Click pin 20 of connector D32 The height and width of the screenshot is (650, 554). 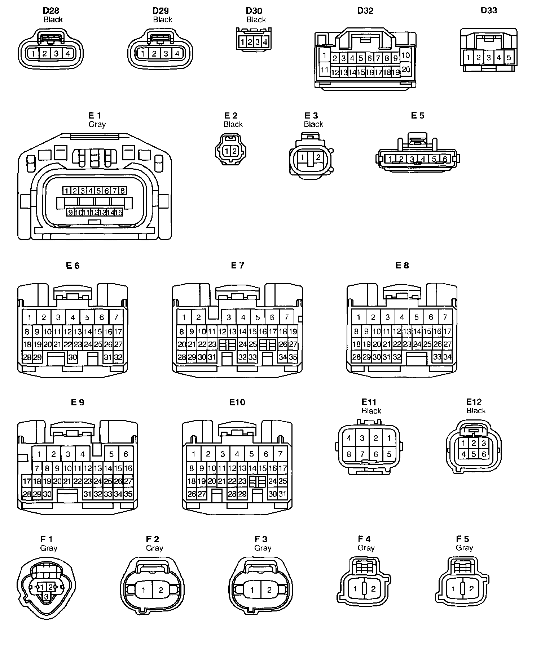(406, 69)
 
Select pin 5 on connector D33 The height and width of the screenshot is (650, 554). (509, 57)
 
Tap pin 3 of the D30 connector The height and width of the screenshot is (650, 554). (258, 42)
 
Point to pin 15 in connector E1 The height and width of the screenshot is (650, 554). (119, 212)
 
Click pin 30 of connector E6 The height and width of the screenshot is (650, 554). (72, 357)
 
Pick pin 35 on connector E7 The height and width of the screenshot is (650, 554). (293, 357)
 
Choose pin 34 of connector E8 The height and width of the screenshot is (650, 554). (447, 357)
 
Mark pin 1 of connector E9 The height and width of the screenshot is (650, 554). (39, 454)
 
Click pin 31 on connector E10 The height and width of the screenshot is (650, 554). (282, 494)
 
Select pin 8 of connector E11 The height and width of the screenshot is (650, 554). (349, 454)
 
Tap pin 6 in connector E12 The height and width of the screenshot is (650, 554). (484, 454)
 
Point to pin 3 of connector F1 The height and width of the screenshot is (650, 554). (46, 597)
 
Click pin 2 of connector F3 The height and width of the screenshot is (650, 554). (269, 590)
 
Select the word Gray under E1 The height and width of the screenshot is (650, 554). (97, 124)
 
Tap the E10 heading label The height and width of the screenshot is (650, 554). (237, 402)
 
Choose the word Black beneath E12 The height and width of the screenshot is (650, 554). (476, 411)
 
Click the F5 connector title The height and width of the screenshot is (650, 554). (462, 539)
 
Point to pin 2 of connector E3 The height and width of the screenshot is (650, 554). (318, 157)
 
